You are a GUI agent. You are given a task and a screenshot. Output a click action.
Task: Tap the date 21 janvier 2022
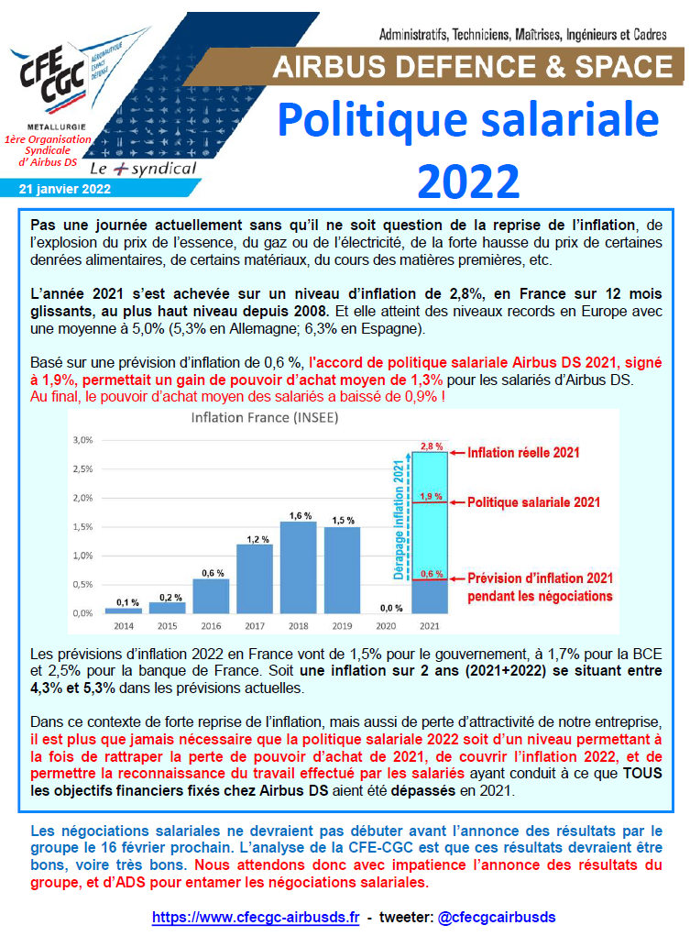(64, 189)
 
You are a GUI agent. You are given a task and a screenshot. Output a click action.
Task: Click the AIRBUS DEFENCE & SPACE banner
(473, 67)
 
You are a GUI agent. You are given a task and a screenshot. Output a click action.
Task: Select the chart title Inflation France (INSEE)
(265, 418)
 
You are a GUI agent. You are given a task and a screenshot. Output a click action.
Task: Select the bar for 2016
(212, 596)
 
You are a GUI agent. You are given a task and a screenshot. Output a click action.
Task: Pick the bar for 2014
(124, 611)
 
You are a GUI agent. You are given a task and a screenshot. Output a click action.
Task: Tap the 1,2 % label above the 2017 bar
(257, 540)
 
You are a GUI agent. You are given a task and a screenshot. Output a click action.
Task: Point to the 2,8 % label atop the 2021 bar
(432, 446)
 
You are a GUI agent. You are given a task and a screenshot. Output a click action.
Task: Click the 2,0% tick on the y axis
(83, 498)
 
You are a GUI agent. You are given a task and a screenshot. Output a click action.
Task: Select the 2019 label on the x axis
(342, 626)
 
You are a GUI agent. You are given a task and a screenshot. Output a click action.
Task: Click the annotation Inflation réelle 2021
(523, 453)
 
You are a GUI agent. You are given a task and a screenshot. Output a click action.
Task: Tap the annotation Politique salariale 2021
(533, 502)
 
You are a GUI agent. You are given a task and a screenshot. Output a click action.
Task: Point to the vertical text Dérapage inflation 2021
(399, 520)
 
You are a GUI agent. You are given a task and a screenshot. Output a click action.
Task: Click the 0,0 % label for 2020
(391, 609)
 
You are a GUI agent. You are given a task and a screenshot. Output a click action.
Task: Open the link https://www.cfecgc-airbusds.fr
(256, 918)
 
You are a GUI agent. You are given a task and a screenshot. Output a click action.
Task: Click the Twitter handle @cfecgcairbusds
(497, 918)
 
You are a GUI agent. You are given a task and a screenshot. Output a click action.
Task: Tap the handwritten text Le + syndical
(143, 169)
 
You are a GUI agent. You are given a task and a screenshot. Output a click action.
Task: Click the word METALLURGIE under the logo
(57, 127)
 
